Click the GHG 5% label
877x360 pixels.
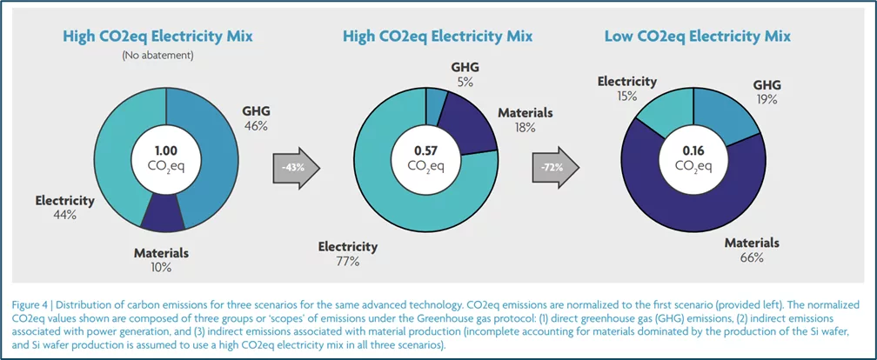[x=464, y=75]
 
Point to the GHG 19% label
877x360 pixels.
[x=767, y=92]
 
